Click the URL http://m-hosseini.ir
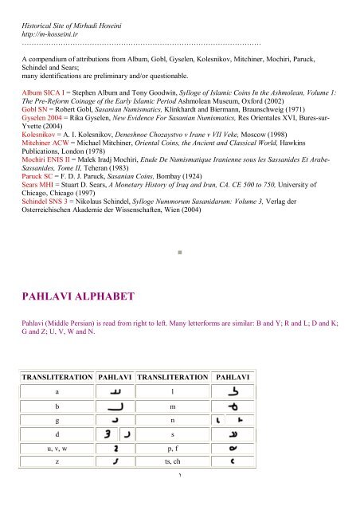coord(56,37)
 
